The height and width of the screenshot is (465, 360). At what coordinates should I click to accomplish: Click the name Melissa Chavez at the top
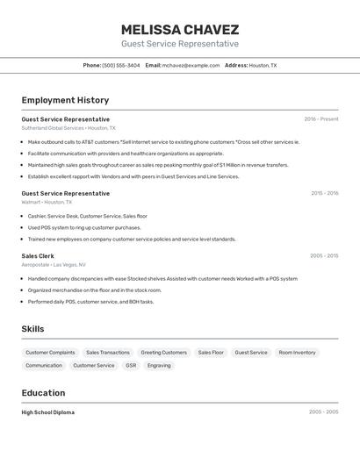pyautogui.click(x=179, y=30)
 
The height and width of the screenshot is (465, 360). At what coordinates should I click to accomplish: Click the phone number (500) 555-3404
pyautogui.click(x=121, y=65)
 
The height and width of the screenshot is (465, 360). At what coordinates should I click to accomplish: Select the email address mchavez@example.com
pyautogui.click(x=191, y=65)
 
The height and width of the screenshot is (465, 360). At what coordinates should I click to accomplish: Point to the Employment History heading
pyautogui.click(x=65, y=100)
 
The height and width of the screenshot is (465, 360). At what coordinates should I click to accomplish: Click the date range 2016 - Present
pyautogui.click(x=320, y=119)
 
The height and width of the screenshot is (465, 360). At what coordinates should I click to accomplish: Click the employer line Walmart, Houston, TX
pyautogui.click(x=47, y=202)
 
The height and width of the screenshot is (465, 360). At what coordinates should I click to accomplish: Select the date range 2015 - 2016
pyautogui.click(x=324, y=193)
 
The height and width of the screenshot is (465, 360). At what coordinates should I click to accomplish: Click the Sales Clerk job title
pyautogui.click(x=38, y=256)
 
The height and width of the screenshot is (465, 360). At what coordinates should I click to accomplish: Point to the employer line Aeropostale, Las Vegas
pyautogui.click(x=54, y=265)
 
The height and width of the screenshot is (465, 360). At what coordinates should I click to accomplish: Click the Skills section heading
pyautogui.click(x=33, y=329)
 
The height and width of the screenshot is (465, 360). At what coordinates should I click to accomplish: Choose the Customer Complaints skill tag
pyautogui.click(x=50, y=353)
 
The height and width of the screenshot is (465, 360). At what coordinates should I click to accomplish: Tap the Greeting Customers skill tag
pyautogui.click(x=163, y=353)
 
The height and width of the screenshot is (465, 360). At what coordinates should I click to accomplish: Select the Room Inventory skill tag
pyautogui.click(x=297, y=353)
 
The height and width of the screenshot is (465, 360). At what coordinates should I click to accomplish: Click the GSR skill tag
pyautogui.click(x=131, y=366)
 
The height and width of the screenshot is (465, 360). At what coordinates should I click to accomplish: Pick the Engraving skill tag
pyautogui.click(x=159, y=366)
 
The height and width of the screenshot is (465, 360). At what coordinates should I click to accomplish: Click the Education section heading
pyautogui.click(x=43, y=393)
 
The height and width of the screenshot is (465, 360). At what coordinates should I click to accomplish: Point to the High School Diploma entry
pyautogui.click(x=47, y=412)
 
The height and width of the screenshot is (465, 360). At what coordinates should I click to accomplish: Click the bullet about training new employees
pyautogui.click(x=132, y=239)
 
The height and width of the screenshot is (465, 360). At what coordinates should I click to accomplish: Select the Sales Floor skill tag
pyautogui.click(x=211, y=353)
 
